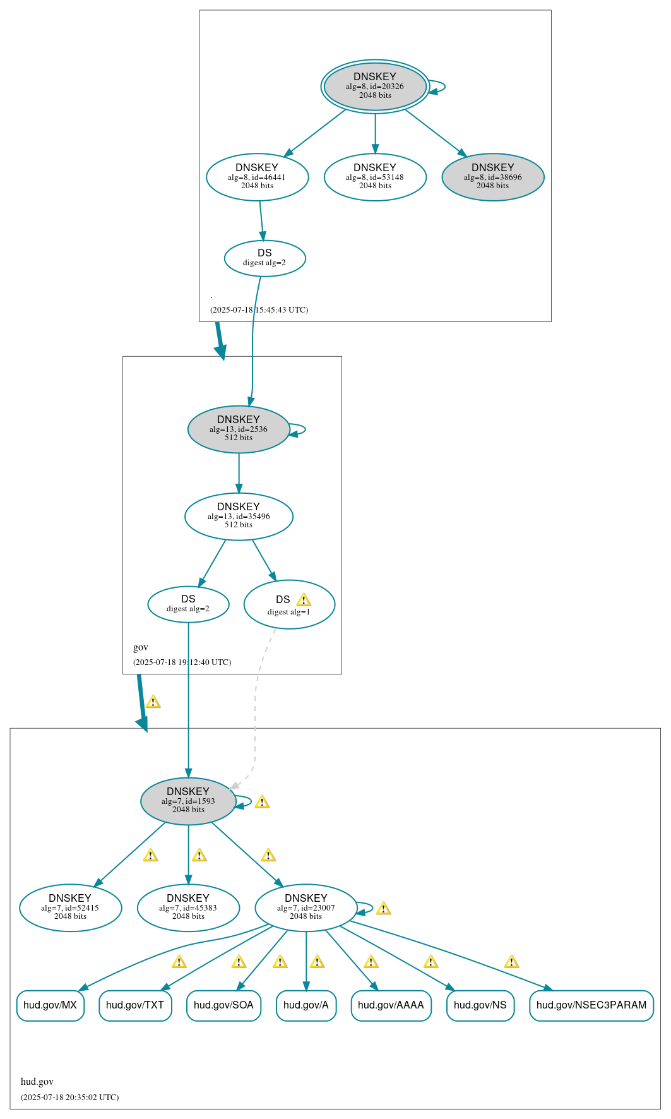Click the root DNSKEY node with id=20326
click(x=375, y=87)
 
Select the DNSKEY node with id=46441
click(x=257, y=177)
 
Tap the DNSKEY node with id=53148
click(x=375, y=177)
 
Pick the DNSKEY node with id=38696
click(x=492, y=177)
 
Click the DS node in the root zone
click(x=264, y=258)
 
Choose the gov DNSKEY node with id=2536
click(x=239, y=429)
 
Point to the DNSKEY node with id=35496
click(x=239, y=516)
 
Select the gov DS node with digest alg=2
click(x=188, y=604)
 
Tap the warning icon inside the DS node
click(x=304, y=600)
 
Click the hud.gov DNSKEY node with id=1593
click(x=188, y=801)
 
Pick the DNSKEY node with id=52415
click(x=70, y=907)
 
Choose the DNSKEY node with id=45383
click(x=188, y=907)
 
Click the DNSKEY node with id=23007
click(x=306, y=907)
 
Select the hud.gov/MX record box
click(x=50, y=1005)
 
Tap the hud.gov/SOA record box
click(x=223, y=1005)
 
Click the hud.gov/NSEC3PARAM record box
click(x=591, y=1005)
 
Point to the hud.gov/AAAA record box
click(x=391, y=1005)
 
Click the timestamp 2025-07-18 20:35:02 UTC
click(x=69, y=1097)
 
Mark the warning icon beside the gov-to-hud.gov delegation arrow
click(x=153, y=702)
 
